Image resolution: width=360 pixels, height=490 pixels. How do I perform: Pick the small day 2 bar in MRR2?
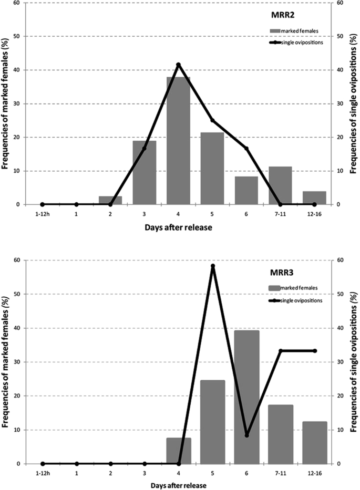[x=110, y=200]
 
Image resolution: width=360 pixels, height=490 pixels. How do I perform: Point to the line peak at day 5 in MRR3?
[x=213, y=266]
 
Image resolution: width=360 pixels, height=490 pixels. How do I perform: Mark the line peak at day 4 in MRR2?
[x=178, y=65]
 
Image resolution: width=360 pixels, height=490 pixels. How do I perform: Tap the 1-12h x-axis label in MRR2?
[x=42, y=214]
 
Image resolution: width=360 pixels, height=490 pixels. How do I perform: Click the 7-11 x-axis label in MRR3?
[x=281, y=473]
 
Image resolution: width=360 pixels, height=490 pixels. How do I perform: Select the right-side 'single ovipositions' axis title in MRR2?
[x=353, y=102]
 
